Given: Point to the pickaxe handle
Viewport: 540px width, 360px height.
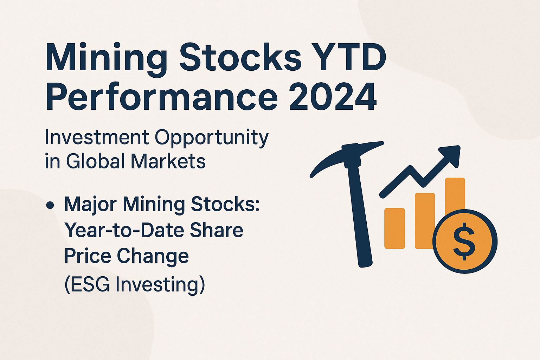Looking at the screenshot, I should tap(360, 218).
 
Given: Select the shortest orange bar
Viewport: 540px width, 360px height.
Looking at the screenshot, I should tap(394, 229).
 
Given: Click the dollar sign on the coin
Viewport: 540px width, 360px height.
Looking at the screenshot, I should tap(464, 241).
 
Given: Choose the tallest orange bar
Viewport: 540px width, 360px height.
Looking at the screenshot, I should tap(455, 193).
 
